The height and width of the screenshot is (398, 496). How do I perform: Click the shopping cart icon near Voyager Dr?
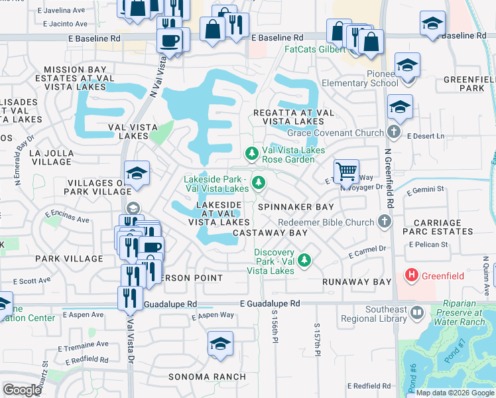point(346,172)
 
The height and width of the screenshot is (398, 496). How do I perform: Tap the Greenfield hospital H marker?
point(411,274)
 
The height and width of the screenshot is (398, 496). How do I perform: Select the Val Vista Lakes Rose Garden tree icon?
point(252,154)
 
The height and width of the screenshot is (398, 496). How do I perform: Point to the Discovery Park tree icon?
point(304,259)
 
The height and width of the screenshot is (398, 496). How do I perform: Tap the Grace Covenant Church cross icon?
point(394,132)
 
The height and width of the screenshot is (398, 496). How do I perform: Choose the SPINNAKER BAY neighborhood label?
point(296,207)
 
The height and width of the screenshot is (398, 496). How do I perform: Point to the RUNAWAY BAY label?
point(357,282)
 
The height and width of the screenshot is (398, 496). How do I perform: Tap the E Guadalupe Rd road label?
point(270,303)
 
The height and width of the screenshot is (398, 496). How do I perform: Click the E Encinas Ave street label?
point(67,216)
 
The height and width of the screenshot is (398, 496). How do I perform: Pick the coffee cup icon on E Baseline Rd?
point(169,40)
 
